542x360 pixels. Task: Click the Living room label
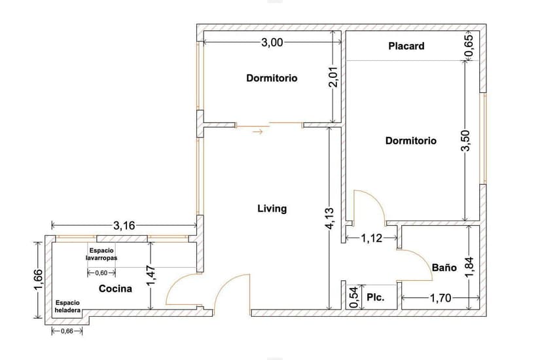coord(272,209)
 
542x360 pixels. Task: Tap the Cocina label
coord(115,289)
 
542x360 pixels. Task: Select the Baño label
coord(444,268)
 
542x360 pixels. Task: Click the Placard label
coord(406,46)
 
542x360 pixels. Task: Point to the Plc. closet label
coord(375,297)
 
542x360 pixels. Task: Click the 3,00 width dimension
coord(272,43)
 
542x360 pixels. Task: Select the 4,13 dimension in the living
coord(329,218)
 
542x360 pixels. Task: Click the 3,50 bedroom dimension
coord(465,140)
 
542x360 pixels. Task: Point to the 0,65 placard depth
coord(469,46)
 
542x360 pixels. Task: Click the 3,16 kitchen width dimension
coord(124,226)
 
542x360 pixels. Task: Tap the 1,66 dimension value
coord(39,280)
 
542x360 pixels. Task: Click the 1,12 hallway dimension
coord(372,238)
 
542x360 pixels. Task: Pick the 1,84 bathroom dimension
coord(469,266)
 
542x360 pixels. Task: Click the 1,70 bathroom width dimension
coord(441,297)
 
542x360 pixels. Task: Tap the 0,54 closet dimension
coord(353,297)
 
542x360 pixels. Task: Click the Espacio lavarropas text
coord(101,254)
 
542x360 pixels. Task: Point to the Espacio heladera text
coord(67,306)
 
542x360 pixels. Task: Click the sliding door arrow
coord(258,132)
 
